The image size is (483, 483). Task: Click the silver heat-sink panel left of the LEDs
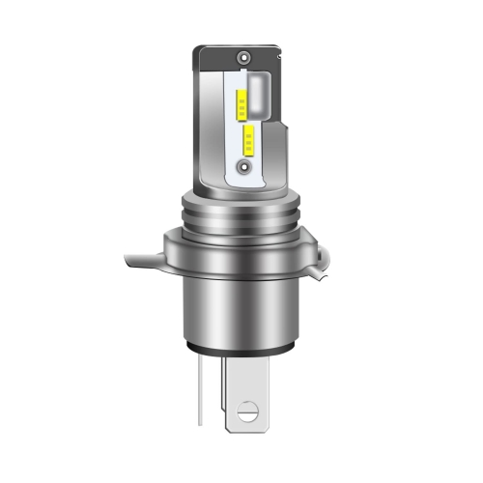214,116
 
